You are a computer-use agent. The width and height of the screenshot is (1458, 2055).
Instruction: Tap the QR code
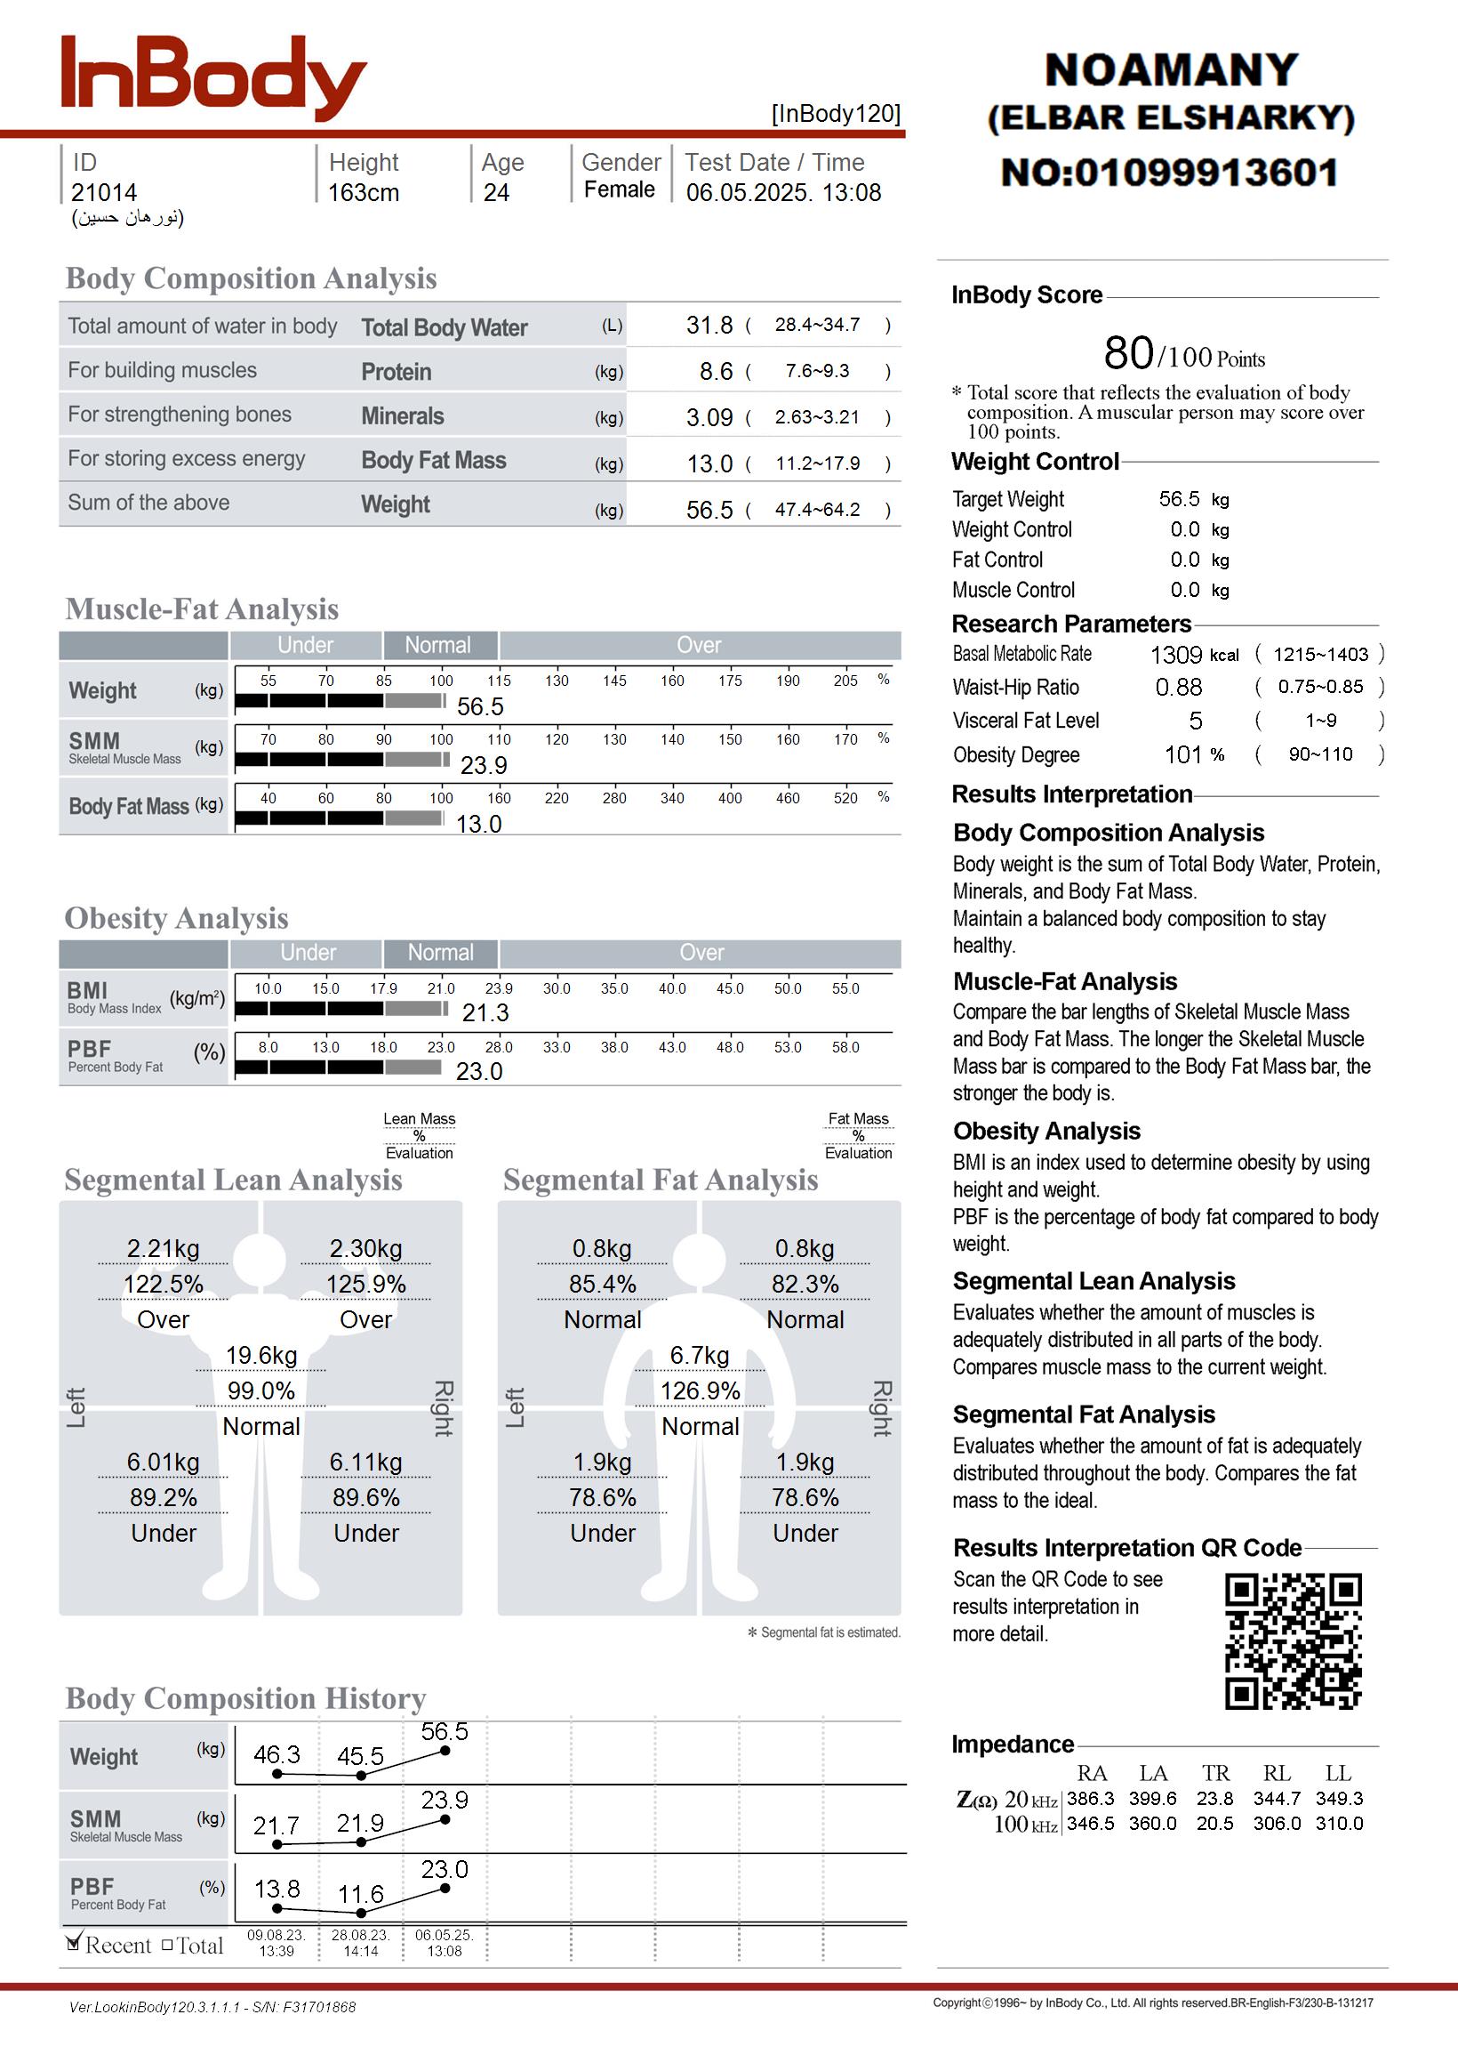1293,1640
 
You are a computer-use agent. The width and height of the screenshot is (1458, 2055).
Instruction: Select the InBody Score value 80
1128,353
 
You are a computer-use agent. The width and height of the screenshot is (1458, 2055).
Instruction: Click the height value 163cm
364,192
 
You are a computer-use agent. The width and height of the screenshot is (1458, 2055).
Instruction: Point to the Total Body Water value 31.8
709,325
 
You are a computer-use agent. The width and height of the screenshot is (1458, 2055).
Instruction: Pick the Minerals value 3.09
709,417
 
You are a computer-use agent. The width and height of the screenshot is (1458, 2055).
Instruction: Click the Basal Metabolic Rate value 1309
1176,655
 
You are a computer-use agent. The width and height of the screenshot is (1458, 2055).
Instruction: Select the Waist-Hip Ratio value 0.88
1179,687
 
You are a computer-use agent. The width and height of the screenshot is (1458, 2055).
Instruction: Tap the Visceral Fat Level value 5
1196,721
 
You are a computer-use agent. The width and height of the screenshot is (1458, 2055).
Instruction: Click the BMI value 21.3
485,1013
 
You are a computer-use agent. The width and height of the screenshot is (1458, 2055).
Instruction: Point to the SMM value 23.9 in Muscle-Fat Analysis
484,765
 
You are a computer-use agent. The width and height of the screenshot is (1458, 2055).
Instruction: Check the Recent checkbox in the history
75,1944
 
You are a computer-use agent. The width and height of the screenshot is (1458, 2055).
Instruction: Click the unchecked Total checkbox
167,1945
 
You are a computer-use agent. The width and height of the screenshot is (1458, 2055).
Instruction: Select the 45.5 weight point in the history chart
361,1776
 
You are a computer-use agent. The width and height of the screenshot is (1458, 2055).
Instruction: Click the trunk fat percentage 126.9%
701,1390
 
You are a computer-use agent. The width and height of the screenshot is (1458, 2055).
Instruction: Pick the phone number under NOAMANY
1170,173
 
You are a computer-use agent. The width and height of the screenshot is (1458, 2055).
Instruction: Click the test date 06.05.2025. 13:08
783,192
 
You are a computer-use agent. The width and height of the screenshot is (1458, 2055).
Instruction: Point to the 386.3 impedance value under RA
1090,1798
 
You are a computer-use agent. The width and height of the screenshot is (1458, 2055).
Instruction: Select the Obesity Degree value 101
1183,754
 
